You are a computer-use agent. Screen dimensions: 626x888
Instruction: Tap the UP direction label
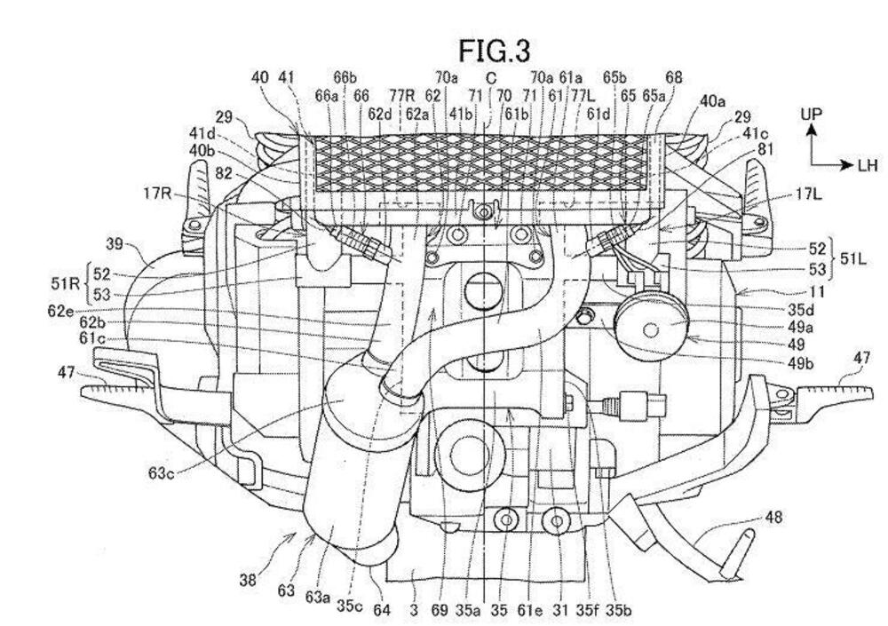click(x=810, y=115)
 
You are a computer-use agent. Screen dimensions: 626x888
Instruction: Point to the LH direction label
click(x=866, y=164)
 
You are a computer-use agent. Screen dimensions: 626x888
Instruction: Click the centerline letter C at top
click(x=490, y=78)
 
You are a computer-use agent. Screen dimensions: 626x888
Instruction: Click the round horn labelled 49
click(x=647, y=329)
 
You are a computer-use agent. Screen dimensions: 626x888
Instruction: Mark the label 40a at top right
click(x=712, y=102)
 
